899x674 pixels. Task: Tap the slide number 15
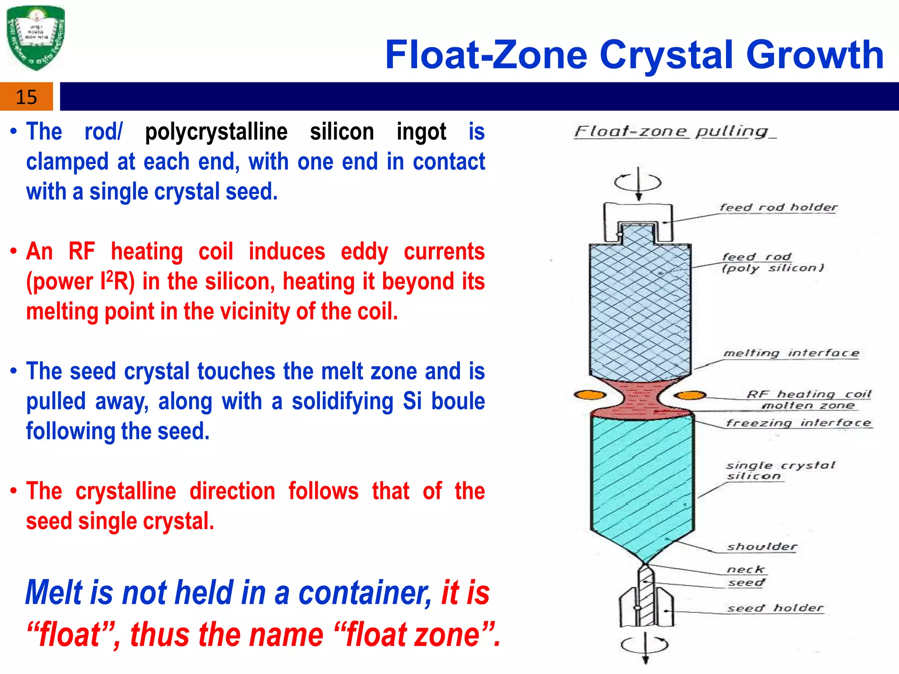click(x=26, y=97)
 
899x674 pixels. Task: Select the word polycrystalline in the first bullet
click(x=216, y=132)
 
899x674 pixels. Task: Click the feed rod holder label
click(x=778, y=207)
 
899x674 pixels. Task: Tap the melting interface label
click(x=791, y=353)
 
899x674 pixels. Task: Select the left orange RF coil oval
click(x=590, y=395)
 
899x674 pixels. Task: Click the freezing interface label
click(x=798, y=423)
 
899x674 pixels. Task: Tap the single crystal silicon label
click(x=779, y=470)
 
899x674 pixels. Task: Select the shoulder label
click(x=762, y=547)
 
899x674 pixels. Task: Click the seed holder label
click(x=775, y=608)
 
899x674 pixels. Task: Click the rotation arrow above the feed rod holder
click(x=638, y=182)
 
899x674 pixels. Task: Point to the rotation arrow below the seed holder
click(x=645, y=645)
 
